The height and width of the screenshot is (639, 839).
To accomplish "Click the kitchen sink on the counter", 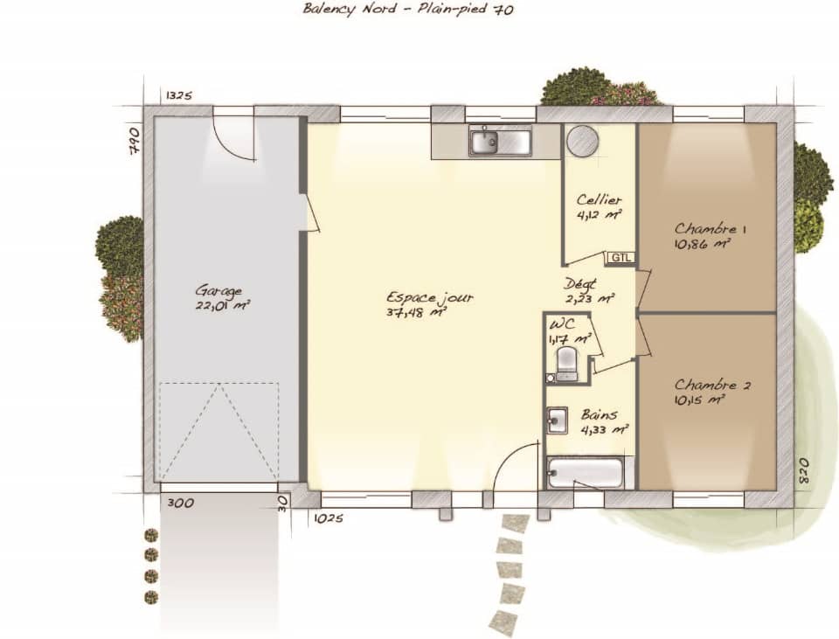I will [x=499, y=141].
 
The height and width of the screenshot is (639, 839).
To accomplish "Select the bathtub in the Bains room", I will [x=586, y=474].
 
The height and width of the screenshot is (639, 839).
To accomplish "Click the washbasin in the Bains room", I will [x=558, y=420].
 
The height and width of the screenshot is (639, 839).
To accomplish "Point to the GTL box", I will [x=621, y=258].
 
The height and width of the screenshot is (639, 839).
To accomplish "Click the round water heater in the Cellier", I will [x=582, y=140].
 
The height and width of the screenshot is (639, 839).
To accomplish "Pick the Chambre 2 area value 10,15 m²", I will [x=700, y=399].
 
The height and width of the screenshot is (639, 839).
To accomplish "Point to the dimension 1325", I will [x=177, y=95].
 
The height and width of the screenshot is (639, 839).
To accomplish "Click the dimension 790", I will [x=134, y=141].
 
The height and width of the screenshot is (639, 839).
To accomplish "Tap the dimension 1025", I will [x=328, y=518].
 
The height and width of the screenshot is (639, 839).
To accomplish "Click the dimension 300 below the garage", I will [x=182, y=504].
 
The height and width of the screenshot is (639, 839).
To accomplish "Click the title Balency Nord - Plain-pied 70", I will [x=407, y=10].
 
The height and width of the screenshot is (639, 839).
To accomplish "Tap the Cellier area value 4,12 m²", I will [x=599, y=214].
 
